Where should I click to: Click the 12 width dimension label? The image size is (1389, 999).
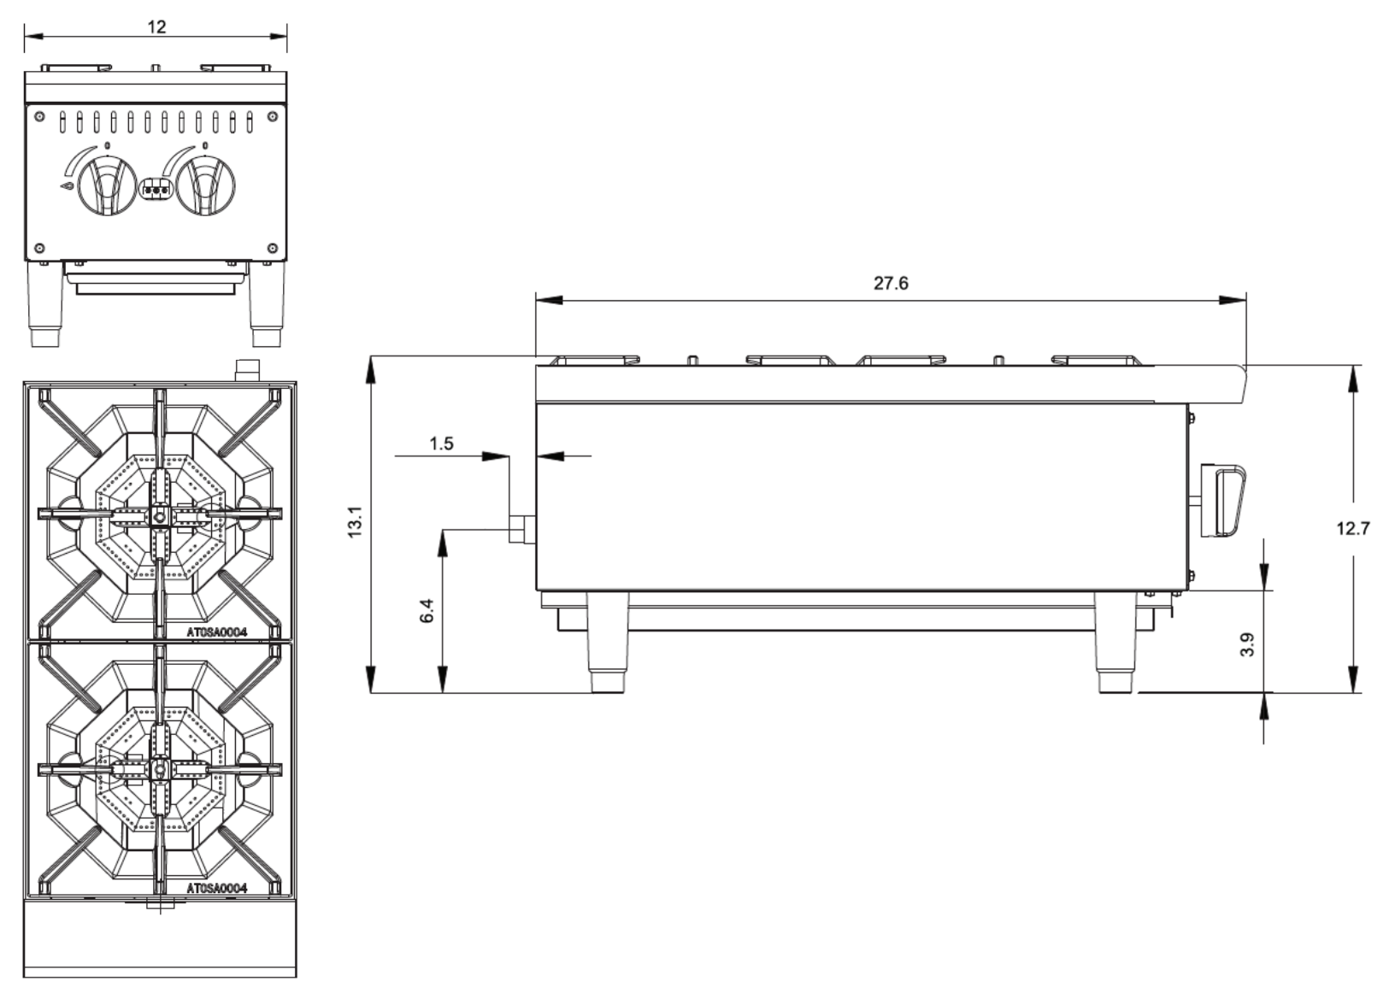(x=156, y=26)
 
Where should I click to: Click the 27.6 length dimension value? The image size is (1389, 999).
(x=890, y=283)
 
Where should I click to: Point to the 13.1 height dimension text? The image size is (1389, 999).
(x=356, y=522)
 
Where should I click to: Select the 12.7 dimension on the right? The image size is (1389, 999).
(x=1352, y=528)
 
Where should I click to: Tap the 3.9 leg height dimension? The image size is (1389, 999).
(x=1246, y=643)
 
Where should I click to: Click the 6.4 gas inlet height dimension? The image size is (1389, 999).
(x=427, y=610)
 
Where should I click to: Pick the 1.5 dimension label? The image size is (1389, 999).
(x=441, y=444)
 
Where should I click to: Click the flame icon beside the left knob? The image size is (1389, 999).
(x=67, y=185)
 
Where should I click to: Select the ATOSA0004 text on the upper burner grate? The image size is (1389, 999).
(x=216, y=632)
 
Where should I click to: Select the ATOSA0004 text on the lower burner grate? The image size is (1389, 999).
(x=216, y=889)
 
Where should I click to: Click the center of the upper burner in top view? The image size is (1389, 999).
(x=160, y=515)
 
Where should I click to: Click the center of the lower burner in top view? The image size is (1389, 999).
(x=160, y=769)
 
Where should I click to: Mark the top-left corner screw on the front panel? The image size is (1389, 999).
(x=39, y=116)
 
